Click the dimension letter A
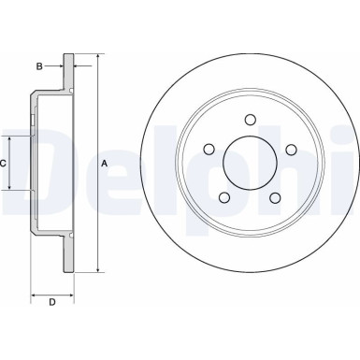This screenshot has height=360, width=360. [x=105, y=164]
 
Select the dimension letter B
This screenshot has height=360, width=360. [x=40, y=66]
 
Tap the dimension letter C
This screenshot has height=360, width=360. [x=4, y=164]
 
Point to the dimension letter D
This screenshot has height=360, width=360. [x=52, y=301]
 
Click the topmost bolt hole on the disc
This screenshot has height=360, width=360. [x=250, y=119]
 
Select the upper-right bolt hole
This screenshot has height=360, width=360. [x=291, y=150]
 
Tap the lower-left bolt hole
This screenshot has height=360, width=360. [x=224, y=197]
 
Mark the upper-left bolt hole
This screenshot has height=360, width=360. [x=209, y=150]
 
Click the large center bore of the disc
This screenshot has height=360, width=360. [x=250, y=164]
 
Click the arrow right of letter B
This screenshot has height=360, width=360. [x=58, y=66]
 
